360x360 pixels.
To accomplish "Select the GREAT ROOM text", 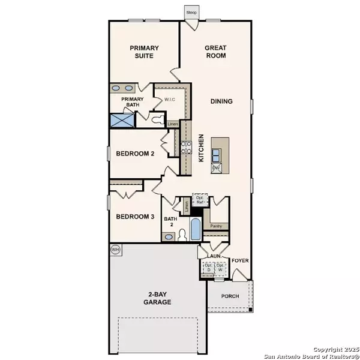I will (215, 52).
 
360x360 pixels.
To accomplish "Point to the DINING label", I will (221, 101).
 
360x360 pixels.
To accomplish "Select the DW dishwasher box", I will (216, 168).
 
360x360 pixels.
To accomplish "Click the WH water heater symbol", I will (115, 248).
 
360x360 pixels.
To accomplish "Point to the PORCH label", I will (230, 295).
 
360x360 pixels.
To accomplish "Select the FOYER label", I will (240, 260).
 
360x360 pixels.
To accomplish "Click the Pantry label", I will (216, 226).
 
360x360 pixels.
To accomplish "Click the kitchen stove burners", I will (186, 148).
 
